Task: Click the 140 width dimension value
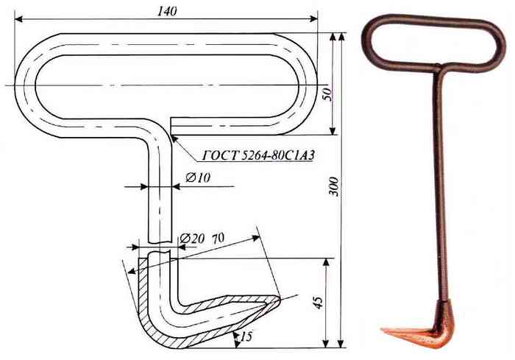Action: (167, 11)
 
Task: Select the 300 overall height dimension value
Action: (334, 186)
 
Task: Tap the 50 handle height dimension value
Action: (328, 94)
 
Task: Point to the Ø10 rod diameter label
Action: (198, 178)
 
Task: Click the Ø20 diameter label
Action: (192, 239)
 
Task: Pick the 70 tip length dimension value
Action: (219, 238)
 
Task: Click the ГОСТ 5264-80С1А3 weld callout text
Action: (258, 155)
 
